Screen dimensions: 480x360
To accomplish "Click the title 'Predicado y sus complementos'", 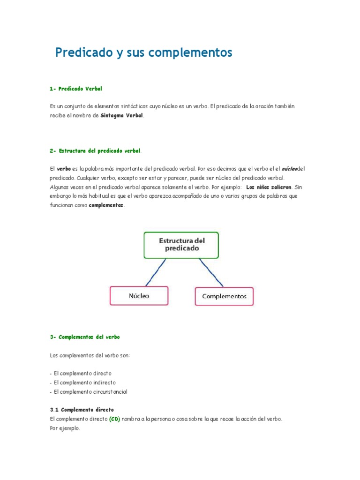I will click(143, 52).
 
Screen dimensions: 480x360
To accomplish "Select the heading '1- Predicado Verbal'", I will click(75, 89).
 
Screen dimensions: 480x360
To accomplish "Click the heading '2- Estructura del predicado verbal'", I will click(95, 151).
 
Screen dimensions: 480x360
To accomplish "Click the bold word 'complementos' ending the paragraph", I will click(106, 205).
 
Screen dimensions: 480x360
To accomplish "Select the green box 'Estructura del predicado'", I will click(181, 245).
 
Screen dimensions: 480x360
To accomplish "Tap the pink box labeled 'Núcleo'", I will click(139, 296).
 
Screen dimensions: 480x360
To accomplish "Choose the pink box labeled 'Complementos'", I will click(224, 296).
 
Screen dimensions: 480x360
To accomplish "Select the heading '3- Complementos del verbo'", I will click(85, 337).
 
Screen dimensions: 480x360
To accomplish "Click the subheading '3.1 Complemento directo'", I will click(82, 410).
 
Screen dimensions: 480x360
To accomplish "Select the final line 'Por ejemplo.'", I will click(65, 428).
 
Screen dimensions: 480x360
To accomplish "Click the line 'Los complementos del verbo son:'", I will click(90, 355).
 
